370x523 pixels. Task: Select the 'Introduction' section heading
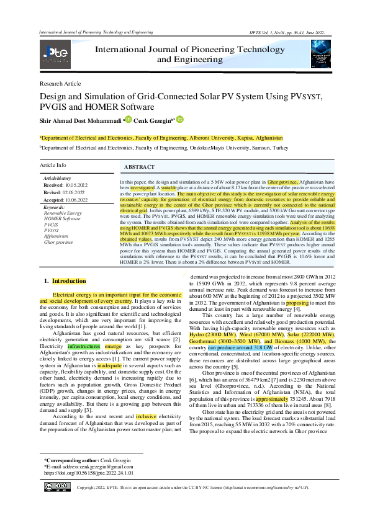69,281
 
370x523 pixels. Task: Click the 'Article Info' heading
53,166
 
